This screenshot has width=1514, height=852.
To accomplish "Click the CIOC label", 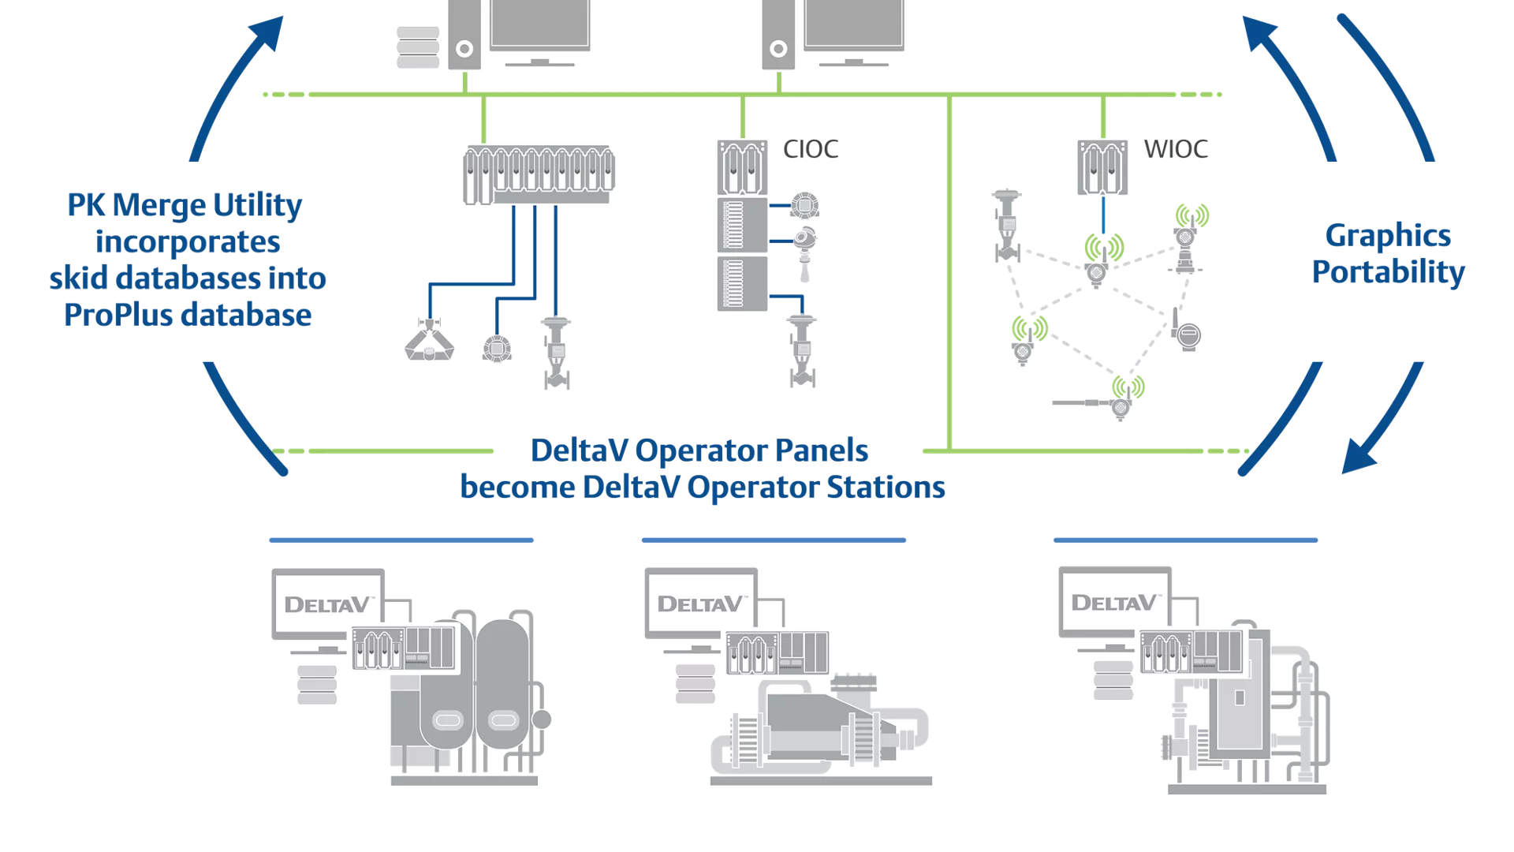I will click(811, 149).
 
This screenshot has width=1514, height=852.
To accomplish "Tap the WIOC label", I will click(1176, 149).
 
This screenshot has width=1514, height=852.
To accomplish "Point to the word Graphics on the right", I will click(1388, 235).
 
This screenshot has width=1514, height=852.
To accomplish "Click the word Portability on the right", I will click(1388, 272).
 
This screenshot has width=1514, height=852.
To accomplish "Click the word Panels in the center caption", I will click(822, 450).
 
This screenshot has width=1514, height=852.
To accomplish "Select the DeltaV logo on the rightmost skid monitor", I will click(1114, 603).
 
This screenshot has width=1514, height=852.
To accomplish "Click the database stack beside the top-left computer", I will click(418, 47).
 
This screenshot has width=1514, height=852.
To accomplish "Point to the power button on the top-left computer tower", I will click(465, 49).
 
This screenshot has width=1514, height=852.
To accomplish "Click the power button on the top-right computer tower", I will click(778, 49).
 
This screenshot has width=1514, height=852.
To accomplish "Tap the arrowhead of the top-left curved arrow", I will click(267, 33).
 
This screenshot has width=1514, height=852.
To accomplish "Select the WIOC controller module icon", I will click(1102, 167).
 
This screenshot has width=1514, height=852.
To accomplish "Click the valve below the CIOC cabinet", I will click(804, 351).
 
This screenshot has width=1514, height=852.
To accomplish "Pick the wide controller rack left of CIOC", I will click(539, 174).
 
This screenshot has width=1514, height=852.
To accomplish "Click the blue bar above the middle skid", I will click(774, 540).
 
